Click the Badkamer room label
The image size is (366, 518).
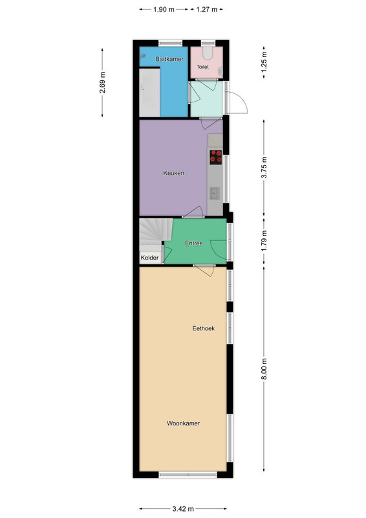(169, 59)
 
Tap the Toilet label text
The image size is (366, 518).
(202, 67)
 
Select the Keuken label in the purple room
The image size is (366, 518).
(173, 173)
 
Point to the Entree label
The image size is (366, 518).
(194, 243)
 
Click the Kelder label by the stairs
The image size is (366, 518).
(149, 258)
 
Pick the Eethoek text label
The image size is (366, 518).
(204, 328)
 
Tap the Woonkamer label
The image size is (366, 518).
(183, 423)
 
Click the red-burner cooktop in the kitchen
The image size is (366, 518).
(216, 157)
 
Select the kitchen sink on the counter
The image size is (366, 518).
(215, 193)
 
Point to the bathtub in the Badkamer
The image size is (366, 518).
(149, 92)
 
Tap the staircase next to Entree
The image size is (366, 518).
(156, 235)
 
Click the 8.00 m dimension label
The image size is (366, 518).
(264, 369)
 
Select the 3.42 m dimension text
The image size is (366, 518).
(183, 508)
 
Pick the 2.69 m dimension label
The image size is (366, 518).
(102, 82)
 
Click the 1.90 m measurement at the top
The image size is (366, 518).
(164, 10)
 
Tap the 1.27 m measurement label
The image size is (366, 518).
(206, 10)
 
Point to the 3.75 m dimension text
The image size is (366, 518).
(264, 168)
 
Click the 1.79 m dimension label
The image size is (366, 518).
(264, 240)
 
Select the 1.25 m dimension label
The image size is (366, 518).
(264, 62)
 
